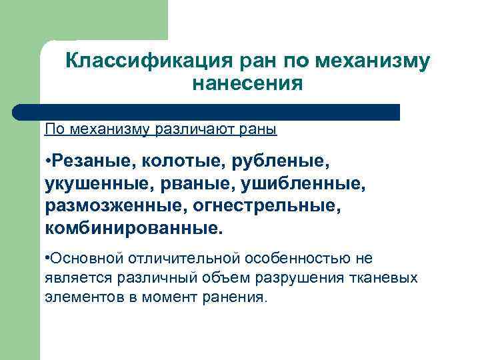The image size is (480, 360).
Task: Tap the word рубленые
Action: [284, 160]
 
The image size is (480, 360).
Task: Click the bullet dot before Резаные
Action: [49, 161]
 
